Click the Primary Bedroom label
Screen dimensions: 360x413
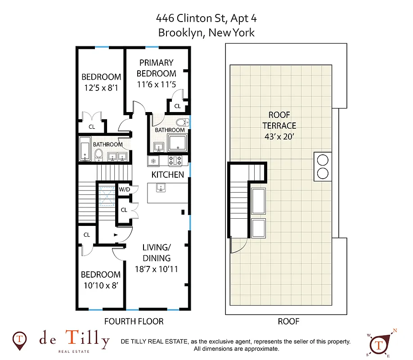156,68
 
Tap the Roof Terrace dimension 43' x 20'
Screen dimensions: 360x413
282,136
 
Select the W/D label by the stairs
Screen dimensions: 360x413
124,189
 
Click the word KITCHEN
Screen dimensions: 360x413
167,175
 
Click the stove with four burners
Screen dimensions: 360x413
175,160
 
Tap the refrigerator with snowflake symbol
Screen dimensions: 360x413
153,161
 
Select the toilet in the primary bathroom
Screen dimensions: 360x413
182,122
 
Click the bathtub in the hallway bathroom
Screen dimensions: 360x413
85,151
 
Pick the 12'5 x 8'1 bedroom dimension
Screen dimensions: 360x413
101,88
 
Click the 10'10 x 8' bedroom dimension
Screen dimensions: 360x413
100,285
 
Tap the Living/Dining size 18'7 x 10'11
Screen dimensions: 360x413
157,269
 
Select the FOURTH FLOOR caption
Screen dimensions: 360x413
134,321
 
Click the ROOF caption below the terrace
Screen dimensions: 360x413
287,321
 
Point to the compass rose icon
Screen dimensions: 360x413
380,343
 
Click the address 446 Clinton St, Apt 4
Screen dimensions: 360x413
206,18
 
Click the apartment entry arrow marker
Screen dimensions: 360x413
116,235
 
